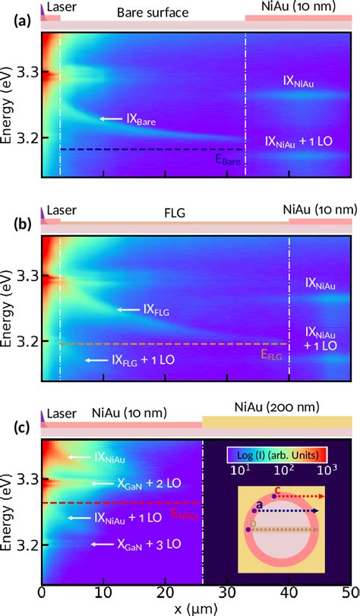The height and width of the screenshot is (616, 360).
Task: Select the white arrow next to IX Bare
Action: click(x=112, y=118)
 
